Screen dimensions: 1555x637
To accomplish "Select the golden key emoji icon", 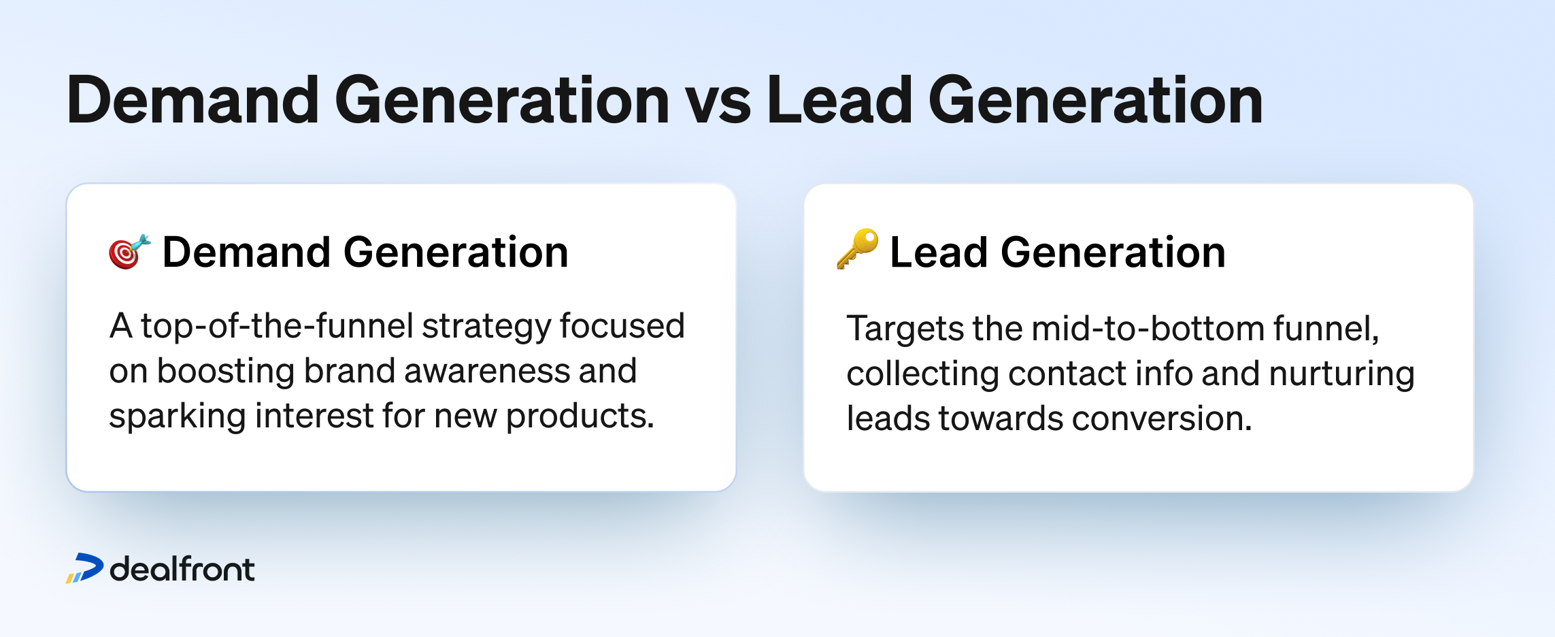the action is [857, 249].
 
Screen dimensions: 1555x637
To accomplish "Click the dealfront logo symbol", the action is [84, 568].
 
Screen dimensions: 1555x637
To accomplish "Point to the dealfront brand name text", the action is [182, 569].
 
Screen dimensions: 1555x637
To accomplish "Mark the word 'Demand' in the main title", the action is [193, 101].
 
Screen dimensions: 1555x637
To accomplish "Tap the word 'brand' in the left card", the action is [350, 372].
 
